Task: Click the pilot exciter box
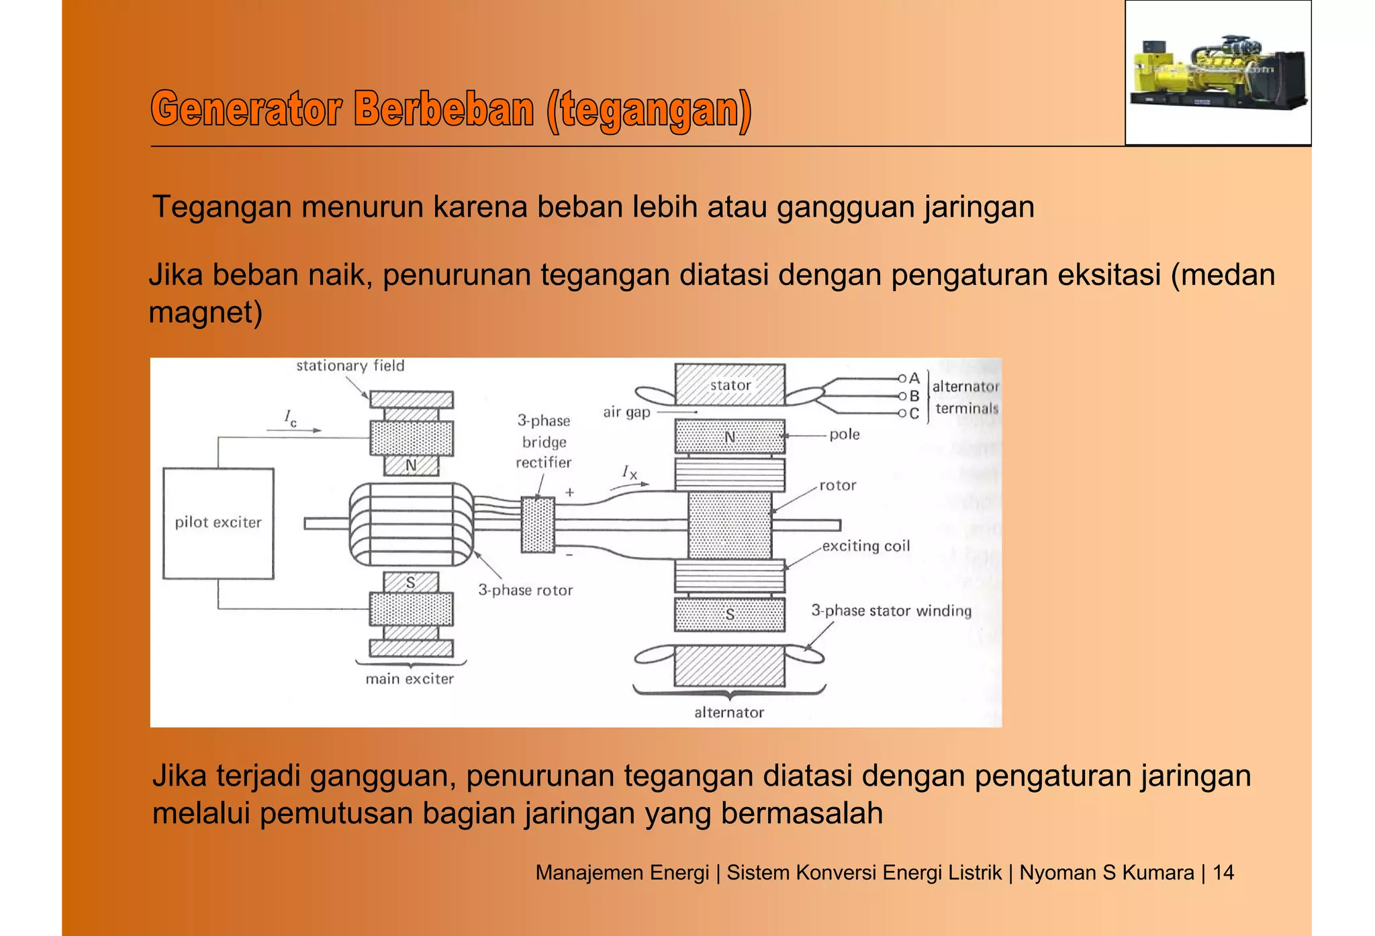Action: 218,523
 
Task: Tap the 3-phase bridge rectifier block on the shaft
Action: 538,525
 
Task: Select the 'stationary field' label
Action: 350,366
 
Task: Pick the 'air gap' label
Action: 626,412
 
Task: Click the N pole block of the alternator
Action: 730,437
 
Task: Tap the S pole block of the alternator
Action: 730,615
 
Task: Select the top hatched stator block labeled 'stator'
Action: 730,385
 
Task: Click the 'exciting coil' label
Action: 866,546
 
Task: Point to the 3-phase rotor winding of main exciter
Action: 411,525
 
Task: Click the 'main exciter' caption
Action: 410,679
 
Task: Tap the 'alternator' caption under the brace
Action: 729,713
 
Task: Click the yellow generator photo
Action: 1218,72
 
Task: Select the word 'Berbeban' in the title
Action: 444,109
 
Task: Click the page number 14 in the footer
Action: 1223,872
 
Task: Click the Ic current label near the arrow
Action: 290,417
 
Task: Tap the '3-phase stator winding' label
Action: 891,611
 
